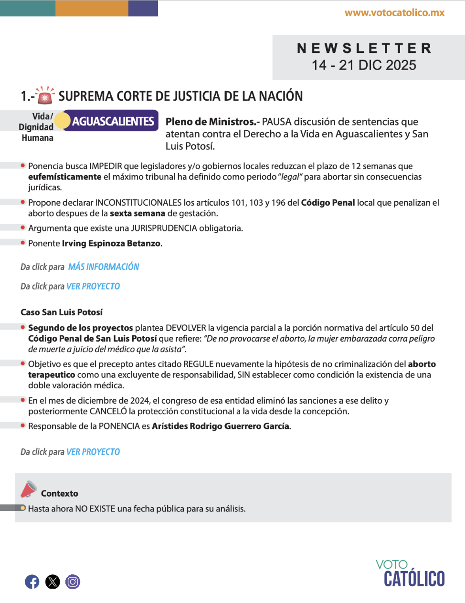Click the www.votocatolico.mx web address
point(394,13)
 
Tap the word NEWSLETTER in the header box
point(364,48)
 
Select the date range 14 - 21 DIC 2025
point(364,65)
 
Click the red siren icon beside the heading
point(45,96)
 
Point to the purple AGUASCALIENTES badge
point(113,121)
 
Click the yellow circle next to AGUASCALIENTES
point(62,121)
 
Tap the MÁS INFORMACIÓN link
point(104,267)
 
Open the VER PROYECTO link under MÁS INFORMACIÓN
point(93,286)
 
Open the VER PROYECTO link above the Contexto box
point(93,452)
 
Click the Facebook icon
point(32,582)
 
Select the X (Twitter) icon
point(53,582)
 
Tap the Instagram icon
point(73,582)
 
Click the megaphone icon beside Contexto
point(29,489)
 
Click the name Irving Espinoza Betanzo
point(111,243)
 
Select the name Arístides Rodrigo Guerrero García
point(221,426)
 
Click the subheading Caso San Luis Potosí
point(62,312)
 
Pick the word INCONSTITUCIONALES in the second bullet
point(138,203)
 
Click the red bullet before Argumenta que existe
point(23,228)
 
